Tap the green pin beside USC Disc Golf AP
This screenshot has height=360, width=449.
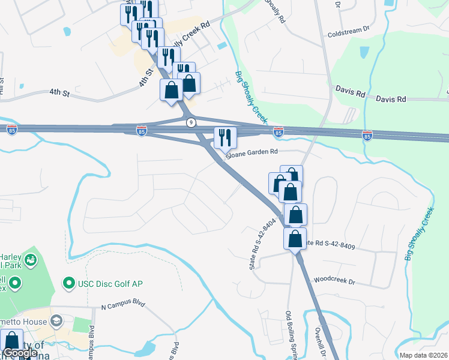70,283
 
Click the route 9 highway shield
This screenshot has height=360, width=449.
191,122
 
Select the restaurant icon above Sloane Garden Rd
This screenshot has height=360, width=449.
225,137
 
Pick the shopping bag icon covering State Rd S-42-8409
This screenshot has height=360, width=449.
295,238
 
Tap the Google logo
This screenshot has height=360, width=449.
20,353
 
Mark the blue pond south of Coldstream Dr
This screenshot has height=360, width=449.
362,56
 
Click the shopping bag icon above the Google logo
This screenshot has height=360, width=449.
12,340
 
